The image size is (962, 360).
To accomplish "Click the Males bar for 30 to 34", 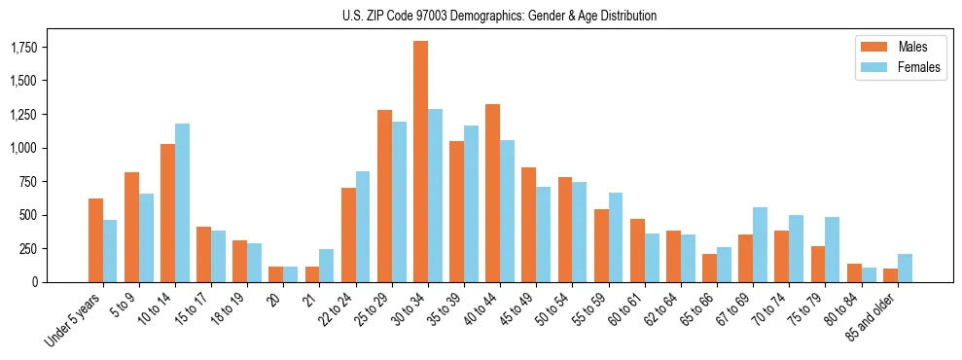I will [420, 162].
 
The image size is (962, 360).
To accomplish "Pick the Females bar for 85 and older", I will [905, 268].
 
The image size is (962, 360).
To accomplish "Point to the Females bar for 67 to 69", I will [760, 244].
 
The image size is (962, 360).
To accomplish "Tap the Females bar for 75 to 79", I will [833, 249].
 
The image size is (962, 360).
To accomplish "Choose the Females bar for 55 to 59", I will [616, 237].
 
